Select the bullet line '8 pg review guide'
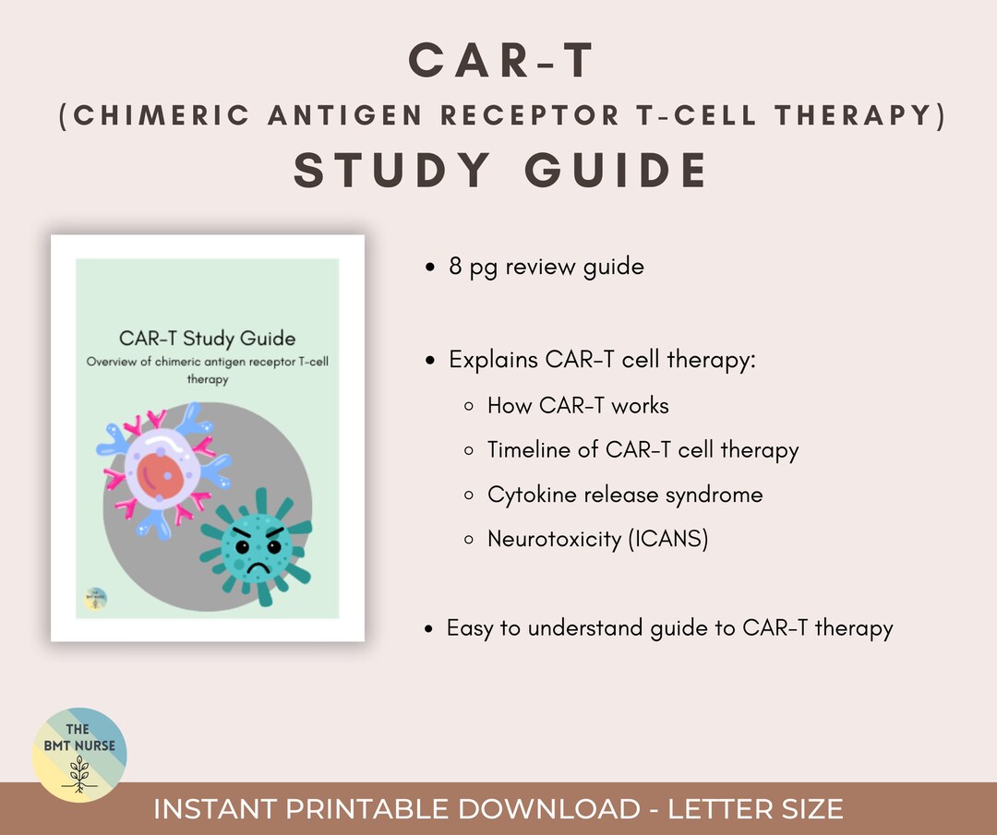tap(547, 267)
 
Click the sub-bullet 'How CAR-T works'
tap(578, 405)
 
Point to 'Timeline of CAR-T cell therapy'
tap(643, 450)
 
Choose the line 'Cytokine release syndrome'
tap(625, 495)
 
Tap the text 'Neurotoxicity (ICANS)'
tap(597, 539)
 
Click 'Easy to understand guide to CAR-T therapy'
tap(669, 628)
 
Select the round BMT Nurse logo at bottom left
tap(78, 756)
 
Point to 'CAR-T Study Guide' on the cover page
tap(207, 339)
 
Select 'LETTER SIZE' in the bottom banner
tap(755, 810)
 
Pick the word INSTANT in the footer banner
tap(213, 810)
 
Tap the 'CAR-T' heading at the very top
tap(501, 60)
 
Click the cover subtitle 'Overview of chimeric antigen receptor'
tap(207, 362)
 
